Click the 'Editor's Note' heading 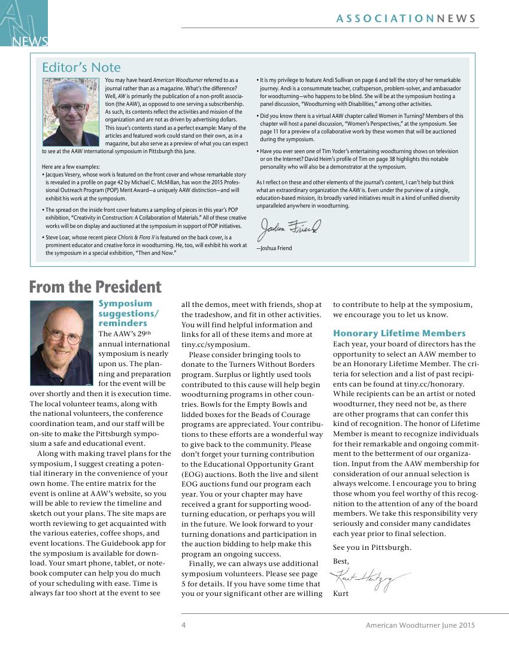pyautogui.click(x=81, y=68)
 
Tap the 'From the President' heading pyautogui.click(x=95, y=287)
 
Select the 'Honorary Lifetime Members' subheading pyautogui.click(x=399, y=333)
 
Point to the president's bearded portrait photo pyautogui.click(x=61, y=342)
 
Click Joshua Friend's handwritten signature pyautogui.click(x=290, y=228)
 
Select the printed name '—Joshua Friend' pyautogui.click(x=274, y=248)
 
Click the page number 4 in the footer pyautogui.click(x=184, y=625)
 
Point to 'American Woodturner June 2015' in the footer pyautogui.click(x=420, y=625)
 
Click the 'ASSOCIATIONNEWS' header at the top pyautogui.click(x=407, y=19)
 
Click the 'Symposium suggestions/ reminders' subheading pyautogui.click(x=129, y=314)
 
